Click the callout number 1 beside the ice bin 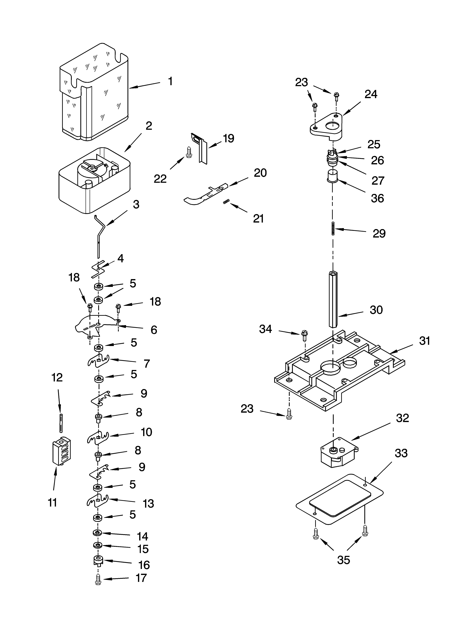click(170, 81)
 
